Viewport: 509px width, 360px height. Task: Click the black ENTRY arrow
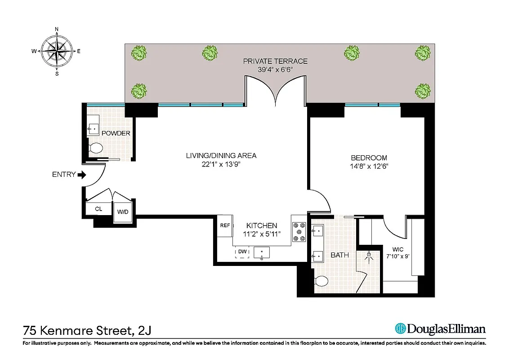pos(82,175)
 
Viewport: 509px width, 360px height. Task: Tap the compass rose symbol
pos(57,51)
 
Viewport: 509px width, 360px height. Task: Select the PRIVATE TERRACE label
pos(275,61)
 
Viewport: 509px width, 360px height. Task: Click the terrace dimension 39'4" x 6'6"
pos(275,70)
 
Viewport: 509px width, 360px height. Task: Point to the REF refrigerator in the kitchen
pos(225,225)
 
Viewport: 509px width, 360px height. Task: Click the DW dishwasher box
pos(242,252)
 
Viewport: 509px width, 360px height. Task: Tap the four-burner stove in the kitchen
pos(299,232)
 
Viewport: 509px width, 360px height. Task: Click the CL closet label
pos(98,209)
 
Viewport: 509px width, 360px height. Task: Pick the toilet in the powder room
pos(96,148)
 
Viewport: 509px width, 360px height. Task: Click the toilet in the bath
pos(321,281)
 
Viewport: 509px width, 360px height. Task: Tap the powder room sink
pos(94,128)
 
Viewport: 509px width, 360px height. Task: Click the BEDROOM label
pos(369,158)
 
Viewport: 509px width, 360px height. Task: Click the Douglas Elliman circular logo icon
pos(400,329)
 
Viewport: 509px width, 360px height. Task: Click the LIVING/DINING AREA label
pos(221,156)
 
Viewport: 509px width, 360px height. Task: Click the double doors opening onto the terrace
pos(275,90)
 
